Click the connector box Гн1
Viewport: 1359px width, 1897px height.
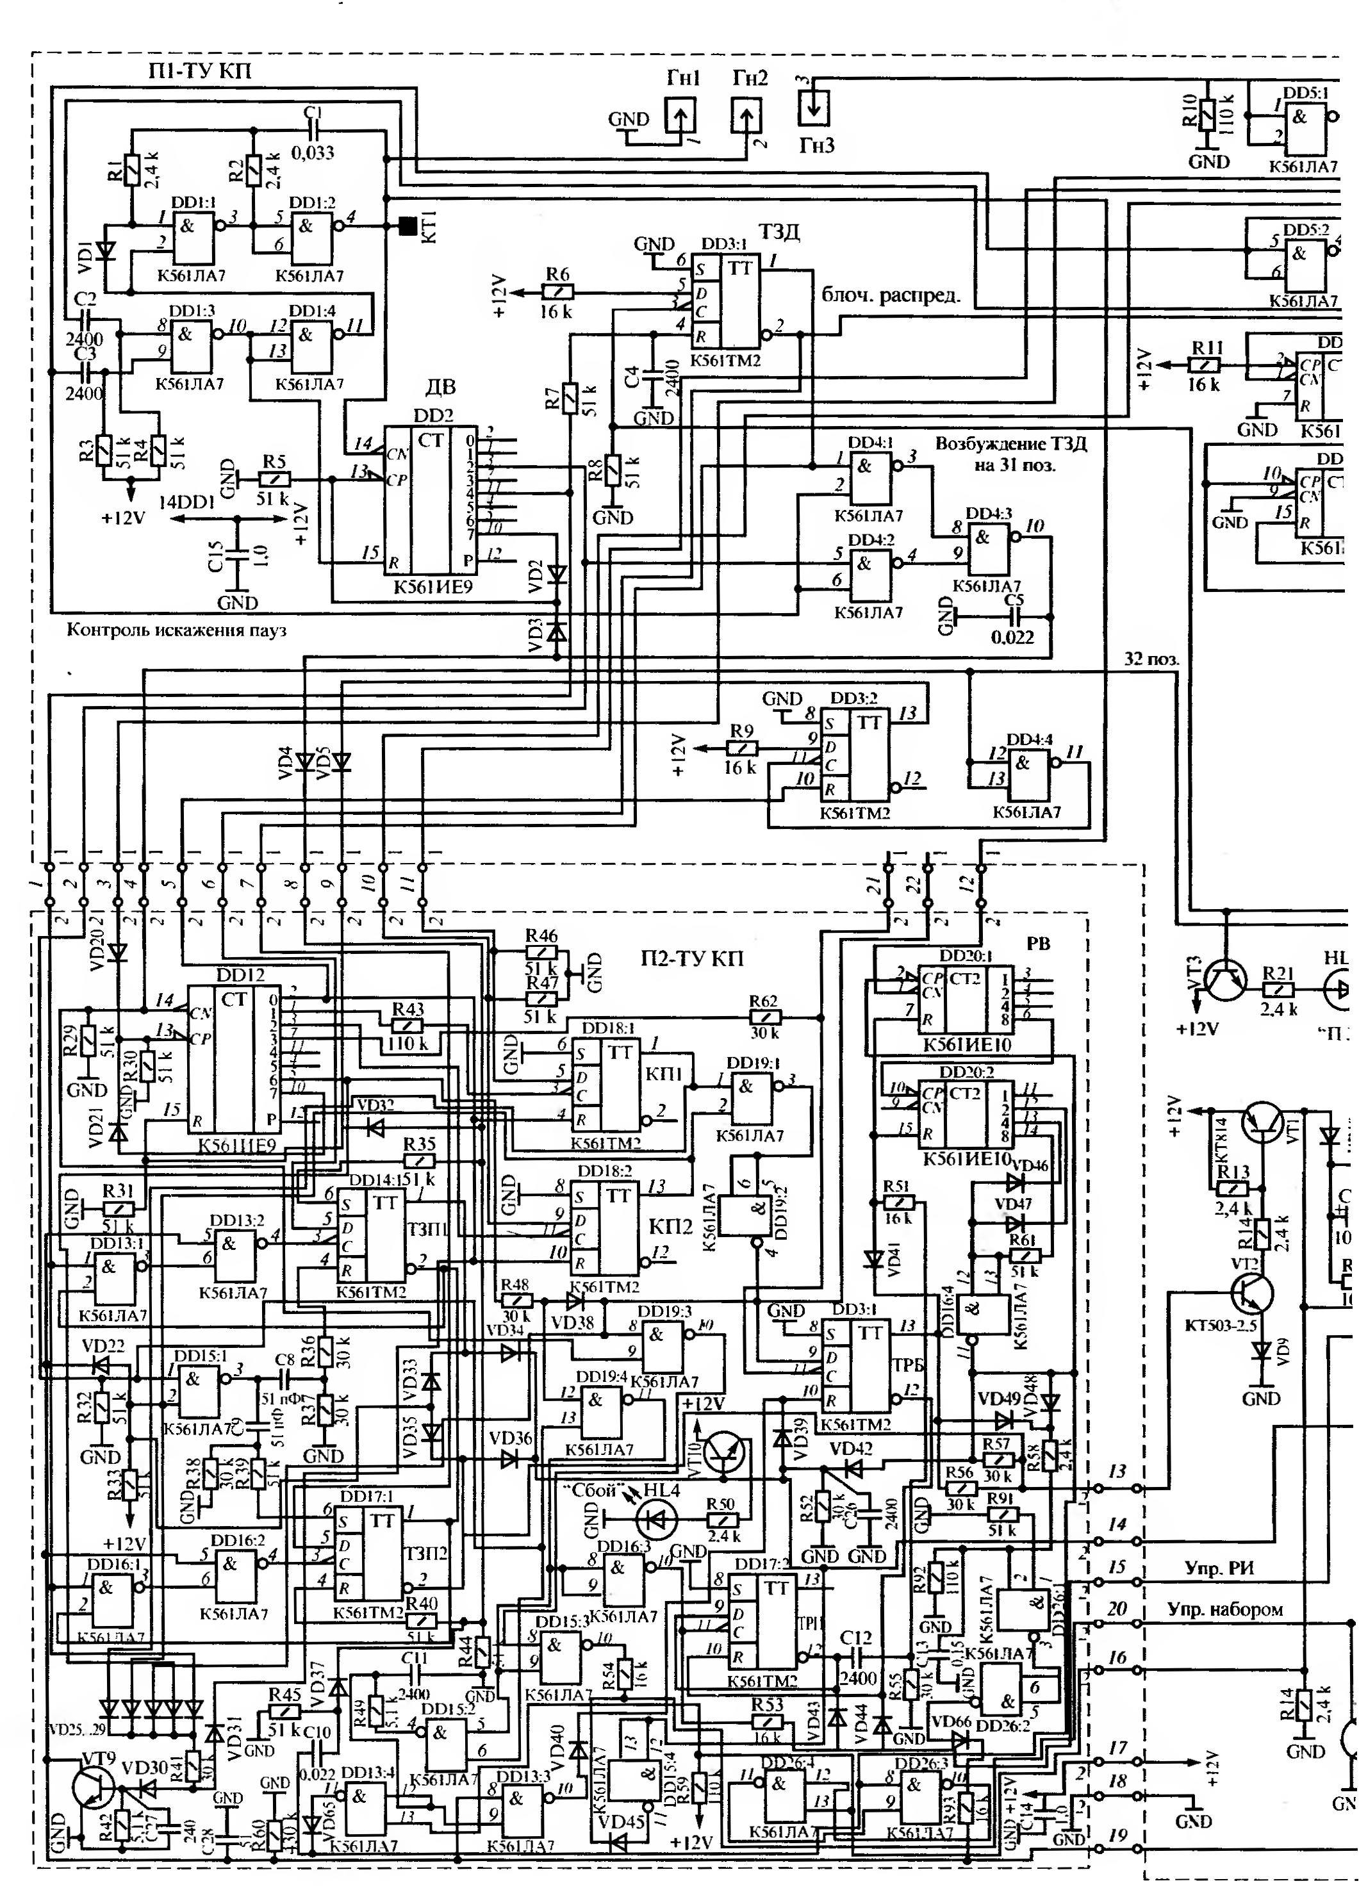pos(680,115)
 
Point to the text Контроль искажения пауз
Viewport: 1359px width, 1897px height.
pos(176,630)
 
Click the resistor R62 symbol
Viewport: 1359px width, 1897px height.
pos(764,1017)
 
